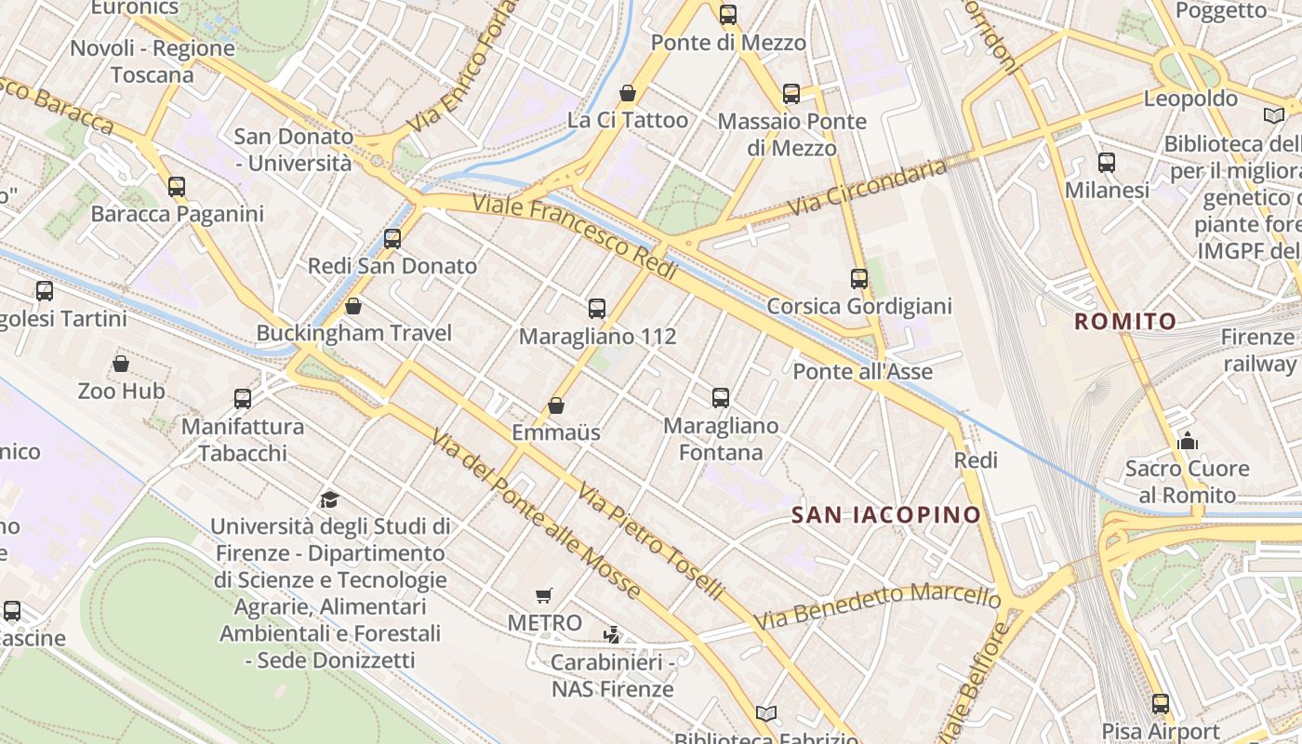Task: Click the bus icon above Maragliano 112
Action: (597, 308)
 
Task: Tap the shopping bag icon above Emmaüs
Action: (556, 405)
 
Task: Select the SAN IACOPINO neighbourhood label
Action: (885, 514)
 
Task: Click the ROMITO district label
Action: (1125, 322)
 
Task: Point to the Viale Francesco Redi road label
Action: (574, 237)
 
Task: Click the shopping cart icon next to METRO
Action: (544, 595)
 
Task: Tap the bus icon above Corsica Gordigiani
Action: (859, 278)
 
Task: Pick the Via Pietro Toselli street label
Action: (650, 540)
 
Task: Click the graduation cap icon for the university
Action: (329, 499)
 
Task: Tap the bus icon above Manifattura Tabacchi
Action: (243, 399)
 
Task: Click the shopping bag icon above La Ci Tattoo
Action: (628, 93)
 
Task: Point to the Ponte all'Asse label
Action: (862, 372)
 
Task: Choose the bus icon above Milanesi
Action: (1107, 163)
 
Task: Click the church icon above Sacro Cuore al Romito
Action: (1187, 441)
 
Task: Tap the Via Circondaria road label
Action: (868, 189)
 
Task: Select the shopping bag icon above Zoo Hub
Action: (121, 364)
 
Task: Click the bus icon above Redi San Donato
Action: (392, 239)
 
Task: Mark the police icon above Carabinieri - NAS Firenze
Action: (612, 635)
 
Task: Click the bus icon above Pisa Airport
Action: (1161, 704)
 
